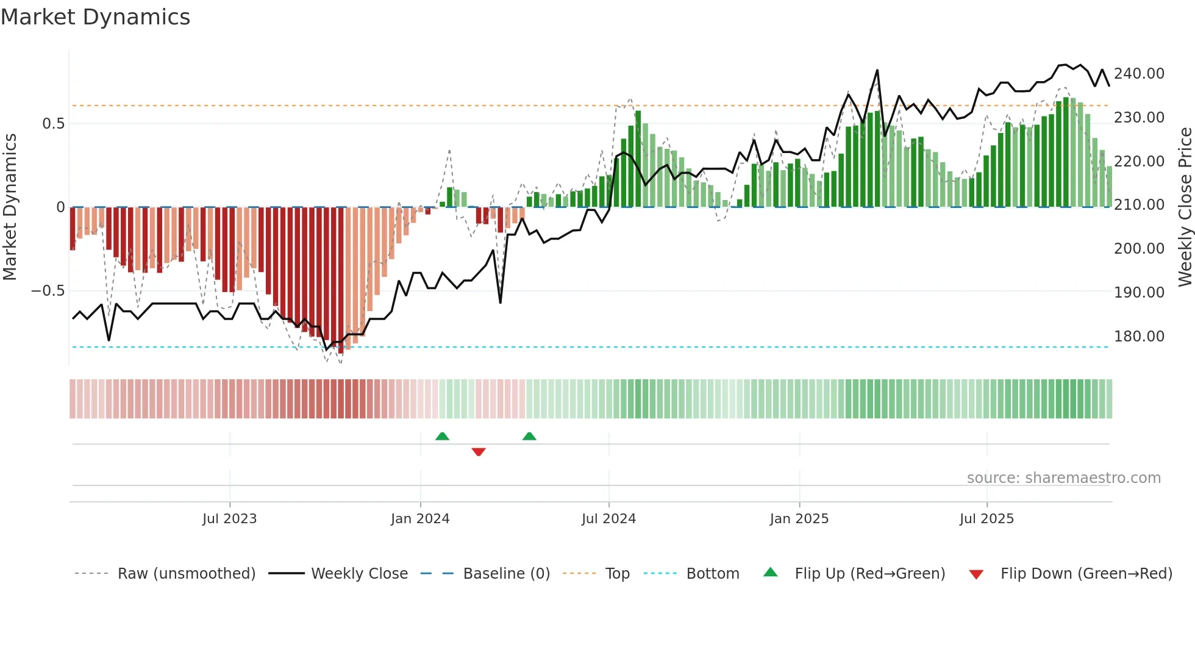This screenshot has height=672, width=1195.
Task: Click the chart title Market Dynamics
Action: coord(95,17)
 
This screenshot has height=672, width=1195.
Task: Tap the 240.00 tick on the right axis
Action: coord(1139,74)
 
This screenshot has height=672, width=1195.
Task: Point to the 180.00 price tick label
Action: coord(1139,337)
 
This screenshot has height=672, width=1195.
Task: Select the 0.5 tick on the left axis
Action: coord(53,124)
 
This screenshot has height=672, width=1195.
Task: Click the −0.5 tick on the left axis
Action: coord(48,291)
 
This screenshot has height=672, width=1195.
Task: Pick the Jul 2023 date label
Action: coord(229,519)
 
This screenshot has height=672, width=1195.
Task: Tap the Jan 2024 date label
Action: coord(420,519)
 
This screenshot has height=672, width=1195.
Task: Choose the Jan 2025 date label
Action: coord(799,519)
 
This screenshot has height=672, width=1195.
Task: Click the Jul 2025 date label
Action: coord(986,519)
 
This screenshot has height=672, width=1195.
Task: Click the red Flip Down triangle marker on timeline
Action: coord(479,452)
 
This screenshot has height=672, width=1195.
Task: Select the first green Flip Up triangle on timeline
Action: coord(442,436)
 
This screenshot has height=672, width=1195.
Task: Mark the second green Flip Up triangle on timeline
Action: coord(529,436)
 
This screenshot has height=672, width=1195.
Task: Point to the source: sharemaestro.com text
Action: coord(1063,478)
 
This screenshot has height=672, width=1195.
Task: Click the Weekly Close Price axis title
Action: coord(1185,207)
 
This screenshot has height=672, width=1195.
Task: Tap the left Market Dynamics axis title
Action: coord(10,207)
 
